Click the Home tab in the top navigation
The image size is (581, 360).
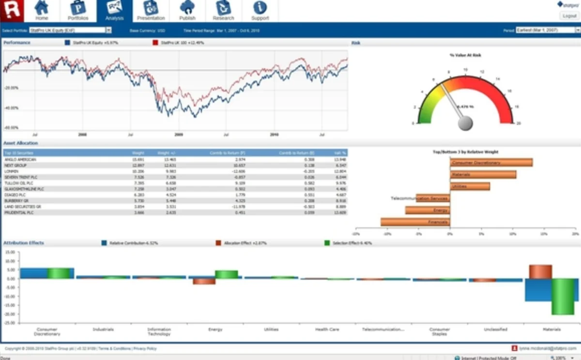[x=42, y=11]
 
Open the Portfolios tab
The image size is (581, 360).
[x=78, y=11]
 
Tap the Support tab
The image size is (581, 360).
[x=260, y=11]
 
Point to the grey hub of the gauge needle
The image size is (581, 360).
[x=465, y=124]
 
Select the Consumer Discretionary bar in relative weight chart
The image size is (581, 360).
[x=491, y=162]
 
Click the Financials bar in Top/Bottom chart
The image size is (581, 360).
[x=415, y=222]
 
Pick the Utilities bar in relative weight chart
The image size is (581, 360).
[x=470, y=186]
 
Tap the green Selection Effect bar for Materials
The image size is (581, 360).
[x=563, y=297]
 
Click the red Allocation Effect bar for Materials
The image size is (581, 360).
[x=540, y=272]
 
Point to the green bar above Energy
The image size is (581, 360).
[x=226, y=274]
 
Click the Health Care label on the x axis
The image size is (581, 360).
[x=327, y=329]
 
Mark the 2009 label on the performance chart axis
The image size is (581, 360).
[x=179, y=134]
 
